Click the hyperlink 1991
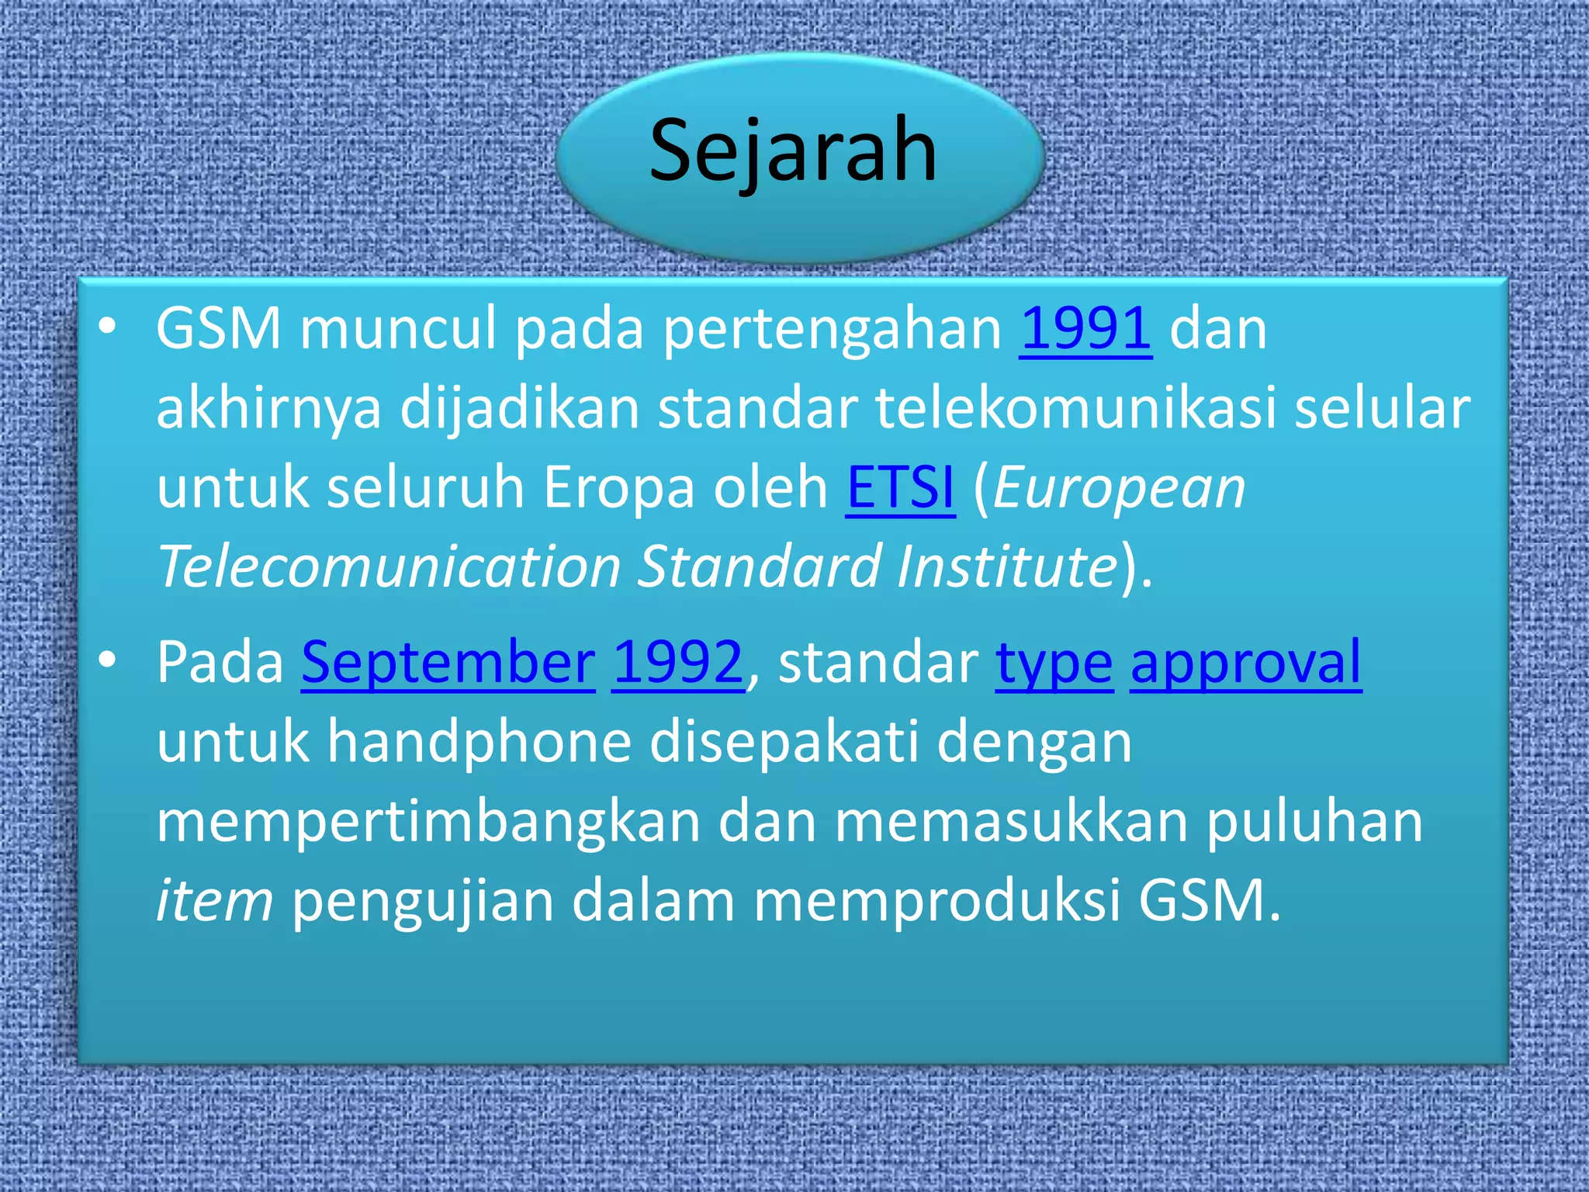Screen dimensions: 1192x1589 coord(1085,328)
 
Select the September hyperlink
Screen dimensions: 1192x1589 coord(448,663)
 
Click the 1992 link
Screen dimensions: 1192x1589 coord(678,663)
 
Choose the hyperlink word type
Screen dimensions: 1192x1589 coord(1054,664)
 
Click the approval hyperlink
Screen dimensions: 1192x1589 coord(1245,664)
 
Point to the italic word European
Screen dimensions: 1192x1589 coord(1120,489)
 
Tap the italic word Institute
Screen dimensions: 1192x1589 coord(1007,566)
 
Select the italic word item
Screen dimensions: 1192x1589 coord(215,900)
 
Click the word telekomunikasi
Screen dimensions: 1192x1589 coord(1076,408)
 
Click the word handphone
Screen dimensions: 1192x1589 coord(479,743)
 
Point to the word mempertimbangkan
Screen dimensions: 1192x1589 coord(428,823)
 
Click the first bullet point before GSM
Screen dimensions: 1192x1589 coord(108,327)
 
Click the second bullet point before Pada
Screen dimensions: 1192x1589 coord(108,660)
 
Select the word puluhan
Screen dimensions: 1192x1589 coord(1314,823)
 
